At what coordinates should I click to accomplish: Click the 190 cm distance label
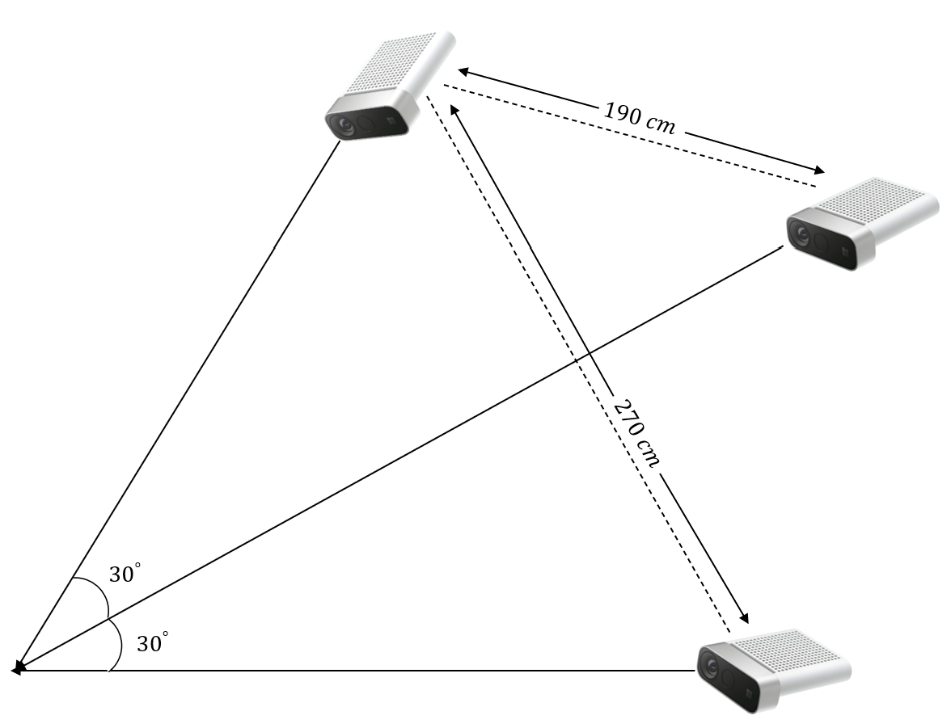click(x=639, y=118)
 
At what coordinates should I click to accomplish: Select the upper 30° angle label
click(x=125, y=575)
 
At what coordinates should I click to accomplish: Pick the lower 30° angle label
click(x=153, y=644)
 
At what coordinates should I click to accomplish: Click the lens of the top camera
click(x=343, y=125)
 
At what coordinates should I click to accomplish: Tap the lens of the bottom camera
click(x=712, y=667)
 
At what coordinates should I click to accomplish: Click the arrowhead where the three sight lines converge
click(x=16, y=669)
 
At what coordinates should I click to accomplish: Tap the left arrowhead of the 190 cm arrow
click(x=463, y=71)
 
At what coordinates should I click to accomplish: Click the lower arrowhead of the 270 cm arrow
click(x=742, y=618)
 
